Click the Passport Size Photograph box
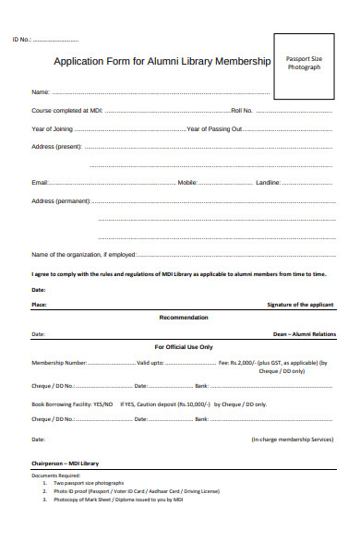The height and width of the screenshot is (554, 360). [304, 64]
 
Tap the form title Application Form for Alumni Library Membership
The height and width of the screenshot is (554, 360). [162, 62]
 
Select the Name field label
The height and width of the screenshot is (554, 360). [41, 92]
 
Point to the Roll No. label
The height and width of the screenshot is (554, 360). [243, 111]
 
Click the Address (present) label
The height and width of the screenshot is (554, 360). [56, 147]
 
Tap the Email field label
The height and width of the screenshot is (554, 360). [40, 183]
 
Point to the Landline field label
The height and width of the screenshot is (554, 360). [268, 183]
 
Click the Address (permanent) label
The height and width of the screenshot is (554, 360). [61, 200]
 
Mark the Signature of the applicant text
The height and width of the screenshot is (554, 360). [301, 304]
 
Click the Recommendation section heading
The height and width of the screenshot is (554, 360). [184, 317]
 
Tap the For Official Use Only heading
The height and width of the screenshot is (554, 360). [183, 347]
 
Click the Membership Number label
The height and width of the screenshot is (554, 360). [59, 363]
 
